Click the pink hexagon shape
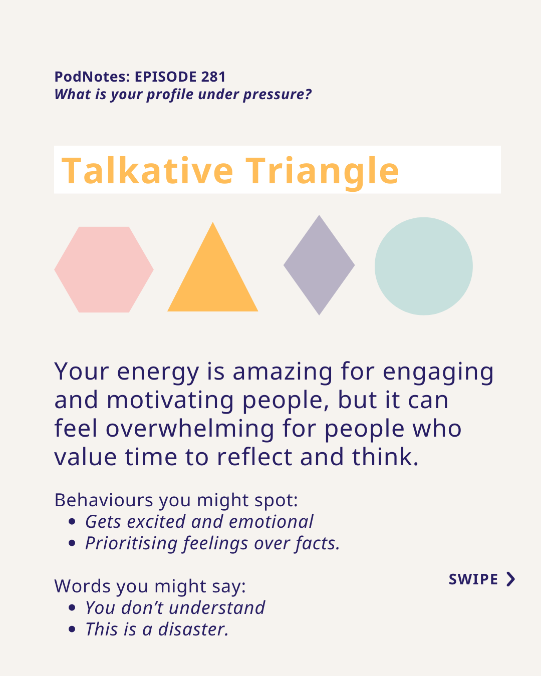pyautogui.click(x=104, y=269)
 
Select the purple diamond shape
pyautogui.click(x=319, y=265)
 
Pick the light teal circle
pyautogui.click(x=423, y=266)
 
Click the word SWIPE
pyautogui.click(x=473, y=579)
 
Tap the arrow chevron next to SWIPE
pyautogui.click(x=511, y=579)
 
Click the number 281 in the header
pyautogui.click(x=213, y=77)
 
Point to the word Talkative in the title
pyautogui.click(x=147, y=171)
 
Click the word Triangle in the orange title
pyautogui.click(x=322, y=173)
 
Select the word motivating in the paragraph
pyautogui.click(x=170, y=400)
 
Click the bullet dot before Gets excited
pyautogui.click(x=72, y=522)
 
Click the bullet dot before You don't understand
pyautogui.click(x=72, y=607)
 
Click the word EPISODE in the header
pyautogui.click(x=166, y=77)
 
